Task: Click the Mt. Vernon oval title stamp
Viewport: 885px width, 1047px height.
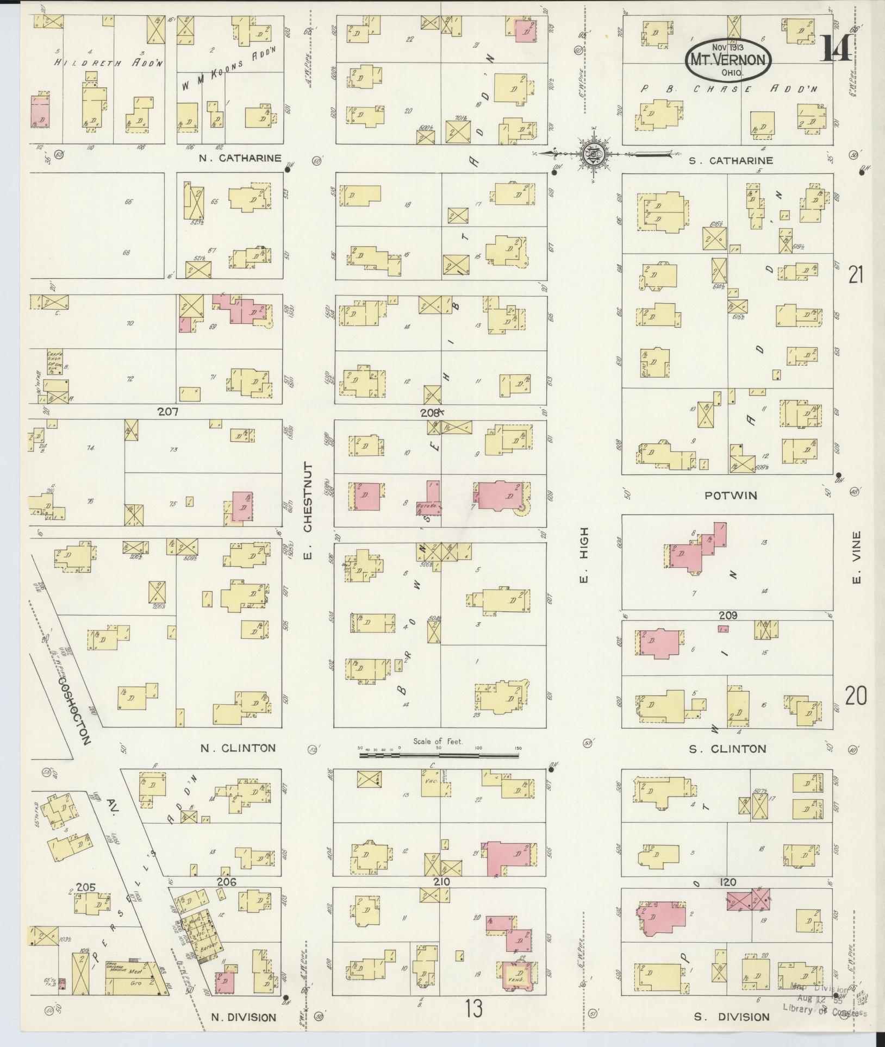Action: [x=728, y=60]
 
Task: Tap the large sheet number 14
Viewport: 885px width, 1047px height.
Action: [x=836, y=49]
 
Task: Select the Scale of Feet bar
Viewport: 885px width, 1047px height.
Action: [x=439, y=755]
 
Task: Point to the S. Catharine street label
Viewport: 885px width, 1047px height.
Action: [x=731, y=160]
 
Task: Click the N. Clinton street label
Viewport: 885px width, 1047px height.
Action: [x=238, y=748]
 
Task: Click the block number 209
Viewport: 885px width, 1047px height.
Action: [x=728, y=615]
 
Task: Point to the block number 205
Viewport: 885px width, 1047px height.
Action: [x=86, y=887]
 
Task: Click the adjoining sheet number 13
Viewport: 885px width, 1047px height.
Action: [x=473, y=1009]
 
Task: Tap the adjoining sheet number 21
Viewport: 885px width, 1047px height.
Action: [x=856, y=275]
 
